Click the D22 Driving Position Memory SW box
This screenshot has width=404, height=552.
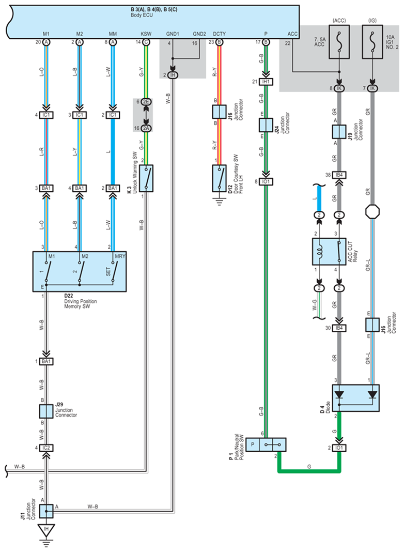(80, 271)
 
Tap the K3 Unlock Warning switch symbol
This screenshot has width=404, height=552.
(146, 178)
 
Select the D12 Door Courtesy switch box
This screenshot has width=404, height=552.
(219, 178)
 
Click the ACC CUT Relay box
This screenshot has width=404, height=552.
(329, 251)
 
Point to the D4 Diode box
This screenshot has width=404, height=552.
(356, 398)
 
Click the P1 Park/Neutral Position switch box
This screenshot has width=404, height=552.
(266, 444)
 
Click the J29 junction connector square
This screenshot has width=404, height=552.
(46, 411)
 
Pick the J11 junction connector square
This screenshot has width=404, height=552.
(46, 511)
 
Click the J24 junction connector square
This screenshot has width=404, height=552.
(266, 125)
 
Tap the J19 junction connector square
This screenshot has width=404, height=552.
(339, 131)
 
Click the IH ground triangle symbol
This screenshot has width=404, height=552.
(46, 530)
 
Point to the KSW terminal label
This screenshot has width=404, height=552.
(146, 34)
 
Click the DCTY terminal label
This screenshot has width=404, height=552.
(219, 34)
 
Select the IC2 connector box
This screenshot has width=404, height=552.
(46, 448)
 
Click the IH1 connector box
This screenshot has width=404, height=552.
(266, 82)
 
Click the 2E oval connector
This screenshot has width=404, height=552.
(146, 102)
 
